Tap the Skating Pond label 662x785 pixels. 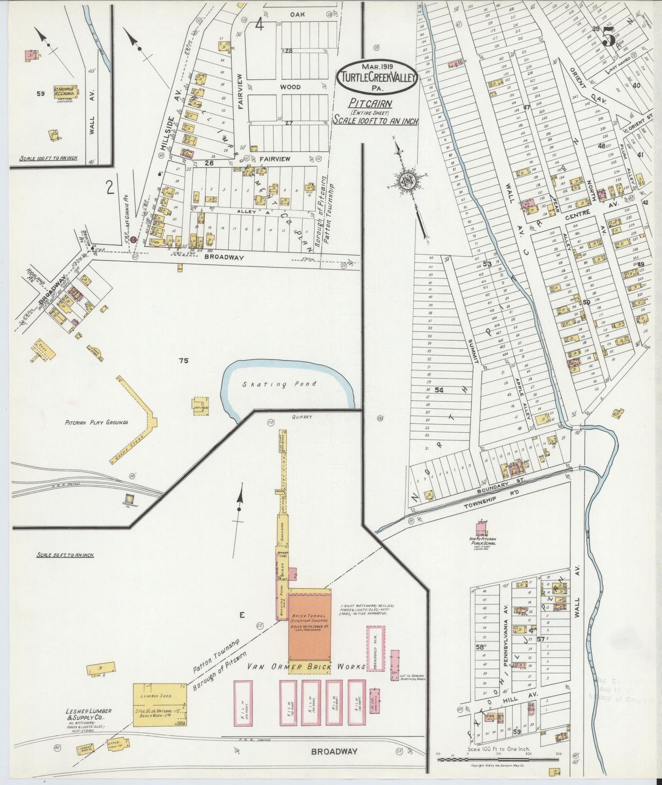[279, 384]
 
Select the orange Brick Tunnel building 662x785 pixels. [310, 624]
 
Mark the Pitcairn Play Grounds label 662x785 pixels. [96, 422]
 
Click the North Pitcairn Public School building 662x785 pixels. [481, 528]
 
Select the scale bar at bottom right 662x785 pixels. [498, 759]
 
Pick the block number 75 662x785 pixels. [184, 360]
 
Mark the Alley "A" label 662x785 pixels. [248, 212]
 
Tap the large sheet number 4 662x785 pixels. [259, 25]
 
